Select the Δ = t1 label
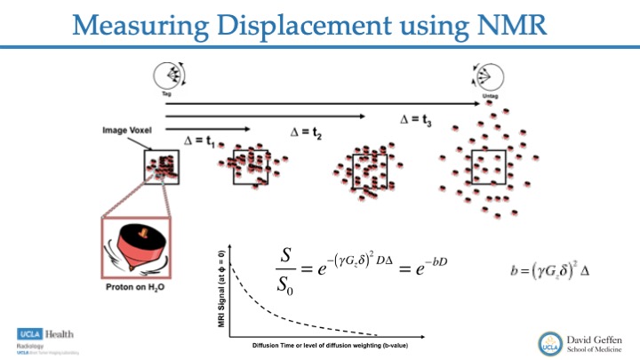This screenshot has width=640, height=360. [204, 140]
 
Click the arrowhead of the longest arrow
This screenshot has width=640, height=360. [477, 104]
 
